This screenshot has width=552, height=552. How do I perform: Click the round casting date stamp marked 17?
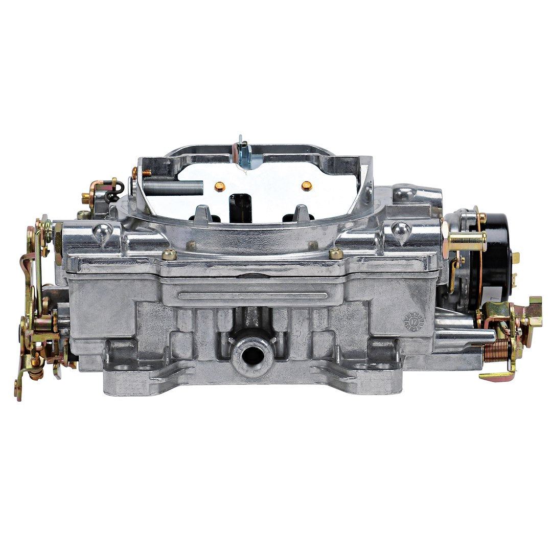click(414, 322)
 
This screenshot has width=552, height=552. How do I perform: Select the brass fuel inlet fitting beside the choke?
click(467, 241)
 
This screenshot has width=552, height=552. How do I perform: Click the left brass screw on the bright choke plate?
click(219, 186)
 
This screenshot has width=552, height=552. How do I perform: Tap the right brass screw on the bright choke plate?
click(306, 186)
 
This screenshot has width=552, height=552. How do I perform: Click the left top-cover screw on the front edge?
click(169, 254)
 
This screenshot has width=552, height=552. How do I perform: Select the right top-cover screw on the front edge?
click(336, 253)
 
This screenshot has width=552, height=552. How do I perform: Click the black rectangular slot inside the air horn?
click(240, 207)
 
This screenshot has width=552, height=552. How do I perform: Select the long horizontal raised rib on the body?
click(253, 296)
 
